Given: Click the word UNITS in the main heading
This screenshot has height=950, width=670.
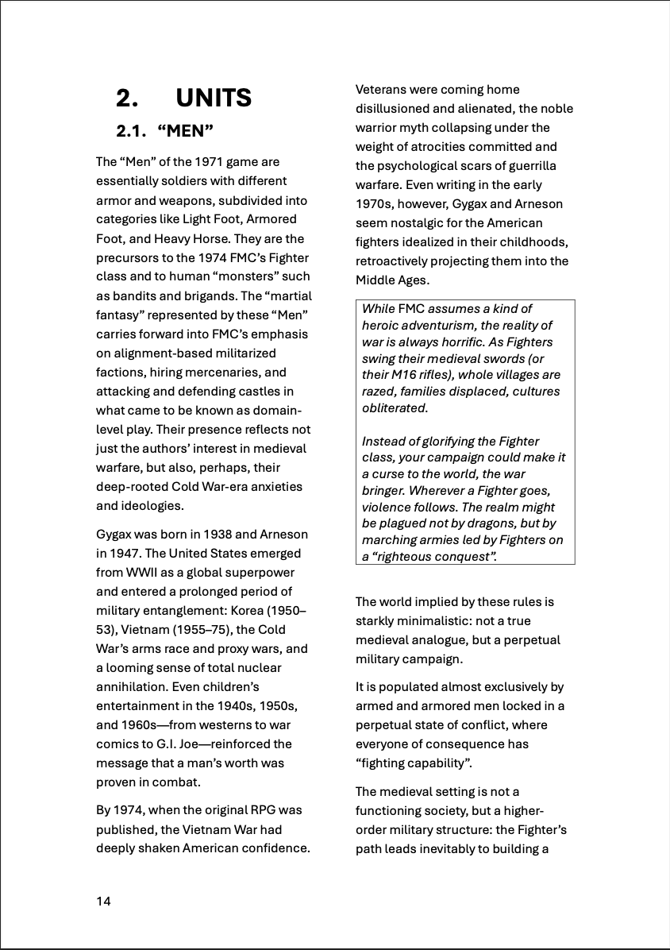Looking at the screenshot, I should (x=214, y=98).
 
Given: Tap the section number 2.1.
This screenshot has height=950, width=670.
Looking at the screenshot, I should (x=132, y=131).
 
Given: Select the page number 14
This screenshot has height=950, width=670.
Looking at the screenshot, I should (x=104, y=901).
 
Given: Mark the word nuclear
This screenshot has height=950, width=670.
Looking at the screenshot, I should (x=259, y=668).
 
